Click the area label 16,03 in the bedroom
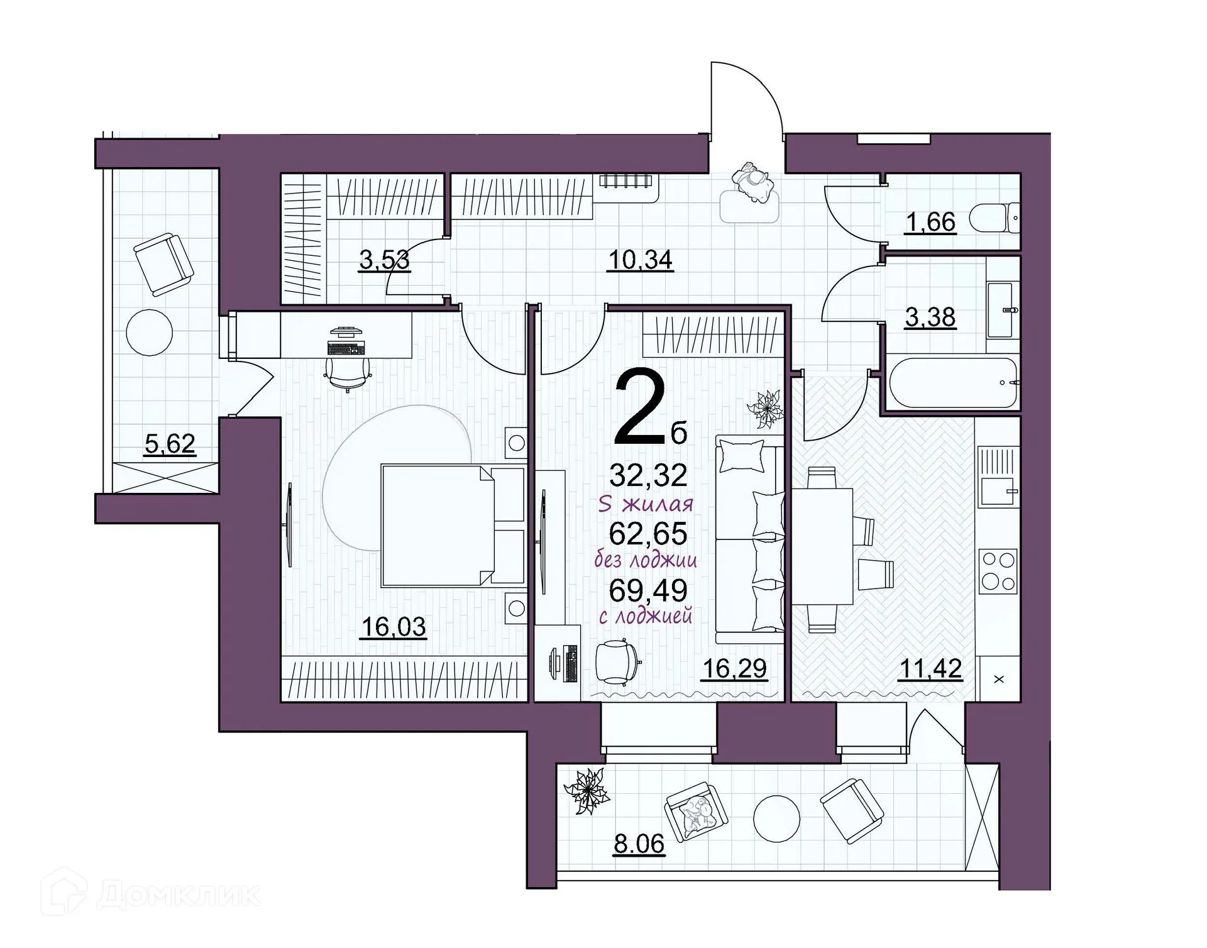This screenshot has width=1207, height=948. pos(394,627)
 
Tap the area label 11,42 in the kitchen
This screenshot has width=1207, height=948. pos(930,668)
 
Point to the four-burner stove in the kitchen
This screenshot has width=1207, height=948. pos(998,570)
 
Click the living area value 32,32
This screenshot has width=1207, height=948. pos(648,476)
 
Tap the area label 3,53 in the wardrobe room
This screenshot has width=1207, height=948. pos(384,259)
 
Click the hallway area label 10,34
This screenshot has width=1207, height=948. pos(641,259)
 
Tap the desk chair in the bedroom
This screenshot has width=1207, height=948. pos(348,373)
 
